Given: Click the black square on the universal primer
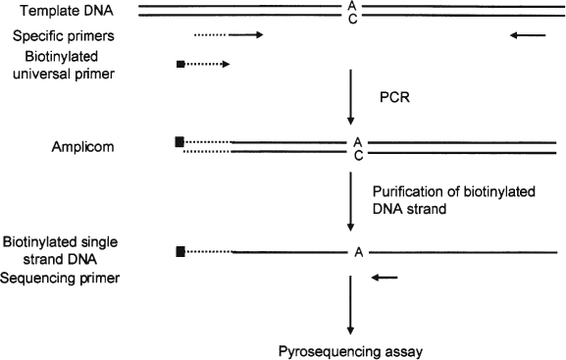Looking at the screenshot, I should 180,65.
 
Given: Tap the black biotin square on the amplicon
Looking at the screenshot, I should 179,142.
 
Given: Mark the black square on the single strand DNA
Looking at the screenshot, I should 180,252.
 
